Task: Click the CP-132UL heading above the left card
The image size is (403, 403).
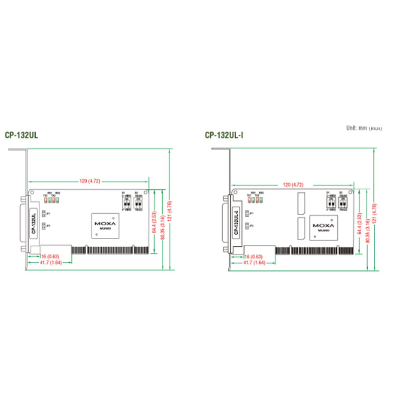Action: point(21,135)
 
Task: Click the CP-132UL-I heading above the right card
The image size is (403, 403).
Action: point(224,135)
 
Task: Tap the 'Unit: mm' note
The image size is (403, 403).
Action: point(363,128)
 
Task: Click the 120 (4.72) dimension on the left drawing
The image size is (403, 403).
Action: point(90,180)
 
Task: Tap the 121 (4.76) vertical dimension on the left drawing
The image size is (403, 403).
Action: point(170,211)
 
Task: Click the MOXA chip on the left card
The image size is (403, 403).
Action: point(105,225)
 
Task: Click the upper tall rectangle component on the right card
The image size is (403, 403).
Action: point(302,204)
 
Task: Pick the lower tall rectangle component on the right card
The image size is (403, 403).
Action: point(302,229)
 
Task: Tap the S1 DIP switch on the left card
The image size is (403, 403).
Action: point(126,203)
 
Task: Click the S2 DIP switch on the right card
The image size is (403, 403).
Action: point(343,203)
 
